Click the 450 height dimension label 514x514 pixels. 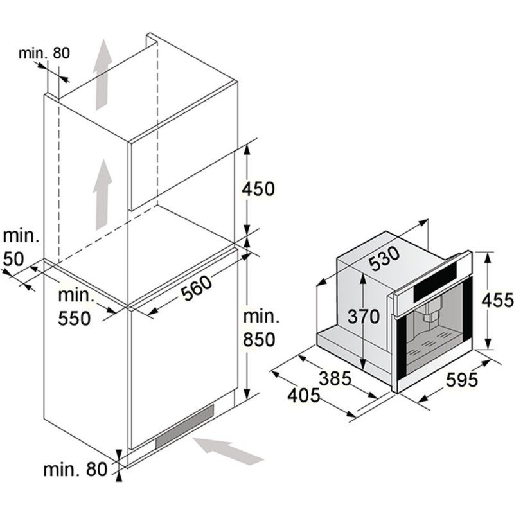258,189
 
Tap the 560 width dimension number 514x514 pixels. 197,288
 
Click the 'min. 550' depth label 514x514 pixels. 75,307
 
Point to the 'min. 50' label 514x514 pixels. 21,247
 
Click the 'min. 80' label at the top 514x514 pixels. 44,53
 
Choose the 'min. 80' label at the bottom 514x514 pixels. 75,470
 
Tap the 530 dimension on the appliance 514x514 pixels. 384,259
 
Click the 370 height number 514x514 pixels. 364,317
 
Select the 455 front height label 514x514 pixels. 497,300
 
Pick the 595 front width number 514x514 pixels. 462,380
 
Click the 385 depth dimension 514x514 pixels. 335,378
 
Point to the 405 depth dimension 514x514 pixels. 303,395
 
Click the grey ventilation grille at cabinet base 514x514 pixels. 184,426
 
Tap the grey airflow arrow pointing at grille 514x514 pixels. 229,451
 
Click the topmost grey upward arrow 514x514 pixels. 103,74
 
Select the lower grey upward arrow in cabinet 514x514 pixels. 103,195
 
